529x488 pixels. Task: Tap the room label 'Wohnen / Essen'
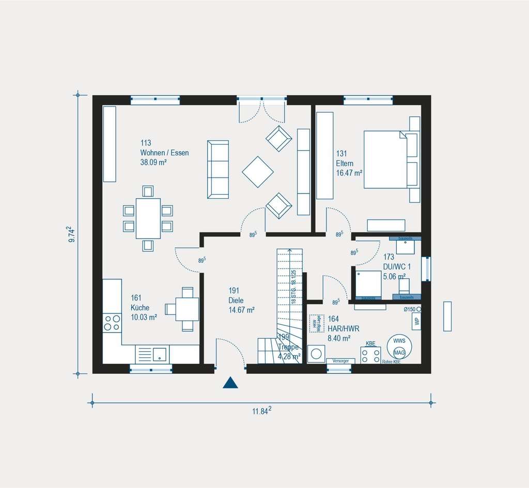coord(164,153)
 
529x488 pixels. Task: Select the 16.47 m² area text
coord(349,172)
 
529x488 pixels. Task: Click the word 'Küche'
coord(140,308)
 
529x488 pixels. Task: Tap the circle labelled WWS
coord(399,341)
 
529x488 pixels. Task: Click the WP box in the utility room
coord(416,321)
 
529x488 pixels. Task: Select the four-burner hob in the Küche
coord(112,323)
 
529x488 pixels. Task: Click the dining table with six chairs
coord(148,218)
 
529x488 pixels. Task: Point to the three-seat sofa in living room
coord(217,168)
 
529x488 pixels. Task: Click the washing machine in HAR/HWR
coord(315,355)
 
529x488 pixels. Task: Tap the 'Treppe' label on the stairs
coord(289,348)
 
